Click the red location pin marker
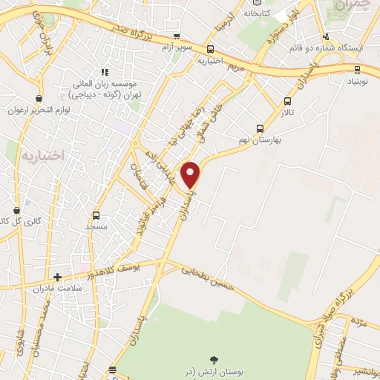point(191,175)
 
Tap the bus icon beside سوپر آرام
point(176,36)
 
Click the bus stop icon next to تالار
point(287,102)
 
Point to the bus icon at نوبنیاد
point(358,71)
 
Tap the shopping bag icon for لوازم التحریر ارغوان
point(39,97)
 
